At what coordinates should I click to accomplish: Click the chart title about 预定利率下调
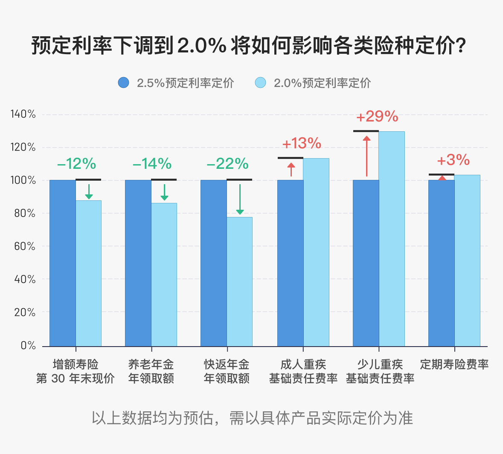tap(249, 46)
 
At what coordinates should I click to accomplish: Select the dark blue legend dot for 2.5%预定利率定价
tap(123, 83)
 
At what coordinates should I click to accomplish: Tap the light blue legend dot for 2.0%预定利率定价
tap(260, 83)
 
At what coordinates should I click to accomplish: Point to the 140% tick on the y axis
tap(23, 114)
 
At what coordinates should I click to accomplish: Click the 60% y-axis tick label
tap(24, 246)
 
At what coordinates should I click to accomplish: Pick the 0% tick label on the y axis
tap(28, 346)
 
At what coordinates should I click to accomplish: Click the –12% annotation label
tap(77, 164)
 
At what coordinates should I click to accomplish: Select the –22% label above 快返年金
tap(228, 164)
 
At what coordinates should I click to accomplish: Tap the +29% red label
tap(378, 116)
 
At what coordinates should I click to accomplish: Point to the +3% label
tap(454, 160)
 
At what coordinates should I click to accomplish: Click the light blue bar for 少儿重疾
tap(392, 239)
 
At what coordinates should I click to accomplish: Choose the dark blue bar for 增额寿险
tap(63, 263)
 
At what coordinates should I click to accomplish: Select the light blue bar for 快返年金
tap(239, 281)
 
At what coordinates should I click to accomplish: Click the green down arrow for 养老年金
tap(164, 192)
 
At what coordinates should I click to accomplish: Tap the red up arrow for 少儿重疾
tap(366, 156)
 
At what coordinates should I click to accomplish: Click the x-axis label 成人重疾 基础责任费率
tap(303, 371)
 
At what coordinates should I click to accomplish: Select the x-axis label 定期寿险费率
tap(454, 364)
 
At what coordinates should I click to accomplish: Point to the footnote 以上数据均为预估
tap(252, 418)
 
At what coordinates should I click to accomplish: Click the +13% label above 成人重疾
tap(302, 144)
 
